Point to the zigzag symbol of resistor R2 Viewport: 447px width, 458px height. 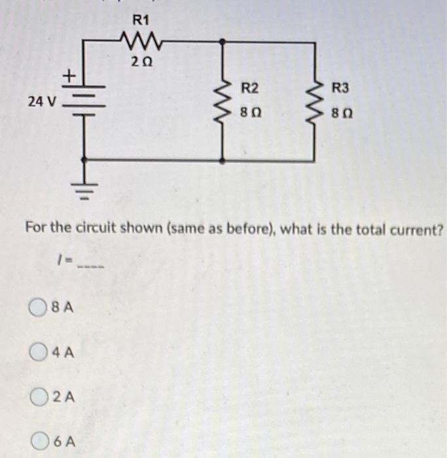(223, 102)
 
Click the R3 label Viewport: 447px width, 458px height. (340, 88)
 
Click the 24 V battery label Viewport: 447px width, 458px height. (41, 102)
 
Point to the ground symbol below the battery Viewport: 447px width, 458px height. (86, 190)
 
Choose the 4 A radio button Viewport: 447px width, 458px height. (38, 351)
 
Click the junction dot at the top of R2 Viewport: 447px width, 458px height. (223, 42)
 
